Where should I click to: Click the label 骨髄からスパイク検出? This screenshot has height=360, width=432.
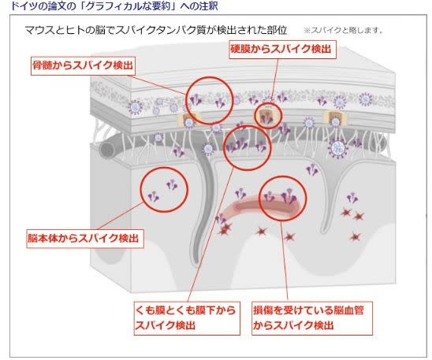pyautogui.click(x=83, y=66)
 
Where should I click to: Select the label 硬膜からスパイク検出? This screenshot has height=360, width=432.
pyautogui.click(x=283, y=50)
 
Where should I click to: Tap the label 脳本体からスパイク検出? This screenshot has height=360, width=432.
pyautogui.click(x=85, y=239)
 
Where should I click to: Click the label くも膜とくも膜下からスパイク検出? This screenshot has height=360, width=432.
pyautogui.click(x=187, y=318)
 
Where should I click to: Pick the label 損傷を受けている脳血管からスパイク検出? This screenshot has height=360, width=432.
pyautogui.click(x=312, y=318)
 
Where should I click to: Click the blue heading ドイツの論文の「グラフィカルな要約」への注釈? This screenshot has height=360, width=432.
pyautogui.click(x=114, y=6)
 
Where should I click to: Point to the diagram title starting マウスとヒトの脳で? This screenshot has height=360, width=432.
pyautogui.click(x=156, y=30)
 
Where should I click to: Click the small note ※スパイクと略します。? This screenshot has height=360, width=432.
pyautogui.click(x=343, y=30)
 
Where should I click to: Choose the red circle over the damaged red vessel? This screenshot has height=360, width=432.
pyautogui.click(x=261, y=199)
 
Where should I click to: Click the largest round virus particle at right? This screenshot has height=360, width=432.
pyautogui.click(x=337, y=148)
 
